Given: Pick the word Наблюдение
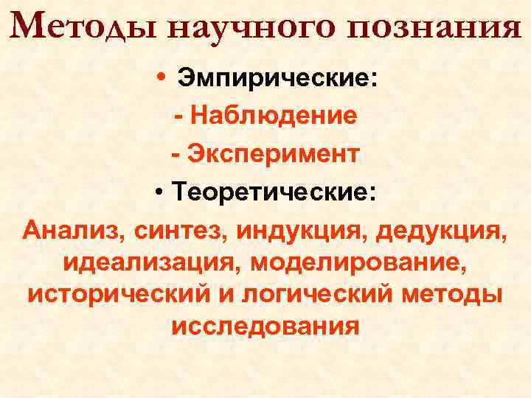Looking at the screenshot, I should tap(273, 116).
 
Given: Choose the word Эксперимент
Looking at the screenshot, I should tap(274, 154).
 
